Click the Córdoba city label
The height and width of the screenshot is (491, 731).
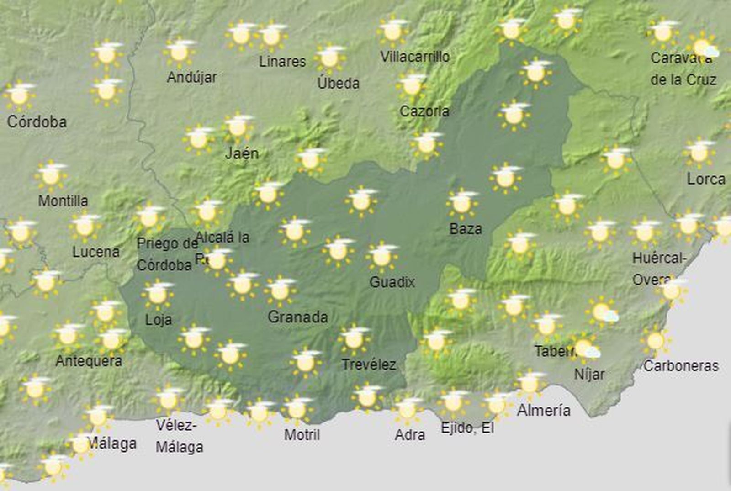37,122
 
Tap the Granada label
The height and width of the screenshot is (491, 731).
297,317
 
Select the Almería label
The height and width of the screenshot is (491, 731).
543,410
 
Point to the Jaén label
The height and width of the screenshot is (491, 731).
242,153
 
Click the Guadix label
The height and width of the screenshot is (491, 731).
392,282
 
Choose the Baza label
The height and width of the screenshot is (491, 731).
466,228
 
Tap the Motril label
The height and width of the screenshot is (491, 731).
302,434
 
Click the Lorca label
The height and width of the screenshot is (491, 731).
706,179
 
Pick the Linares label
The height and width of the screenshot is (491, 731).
282,61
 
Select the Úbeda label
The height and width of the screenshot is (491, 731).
338,83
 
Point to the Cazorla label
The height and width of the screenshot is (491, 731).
424,111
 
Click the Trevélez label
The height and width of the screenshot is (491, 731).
368,364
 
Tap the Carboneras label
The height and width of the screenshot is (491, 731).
681,366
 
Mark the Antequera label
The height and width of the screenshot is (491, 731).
89,361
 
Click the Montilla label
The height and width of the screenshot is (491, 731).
63,201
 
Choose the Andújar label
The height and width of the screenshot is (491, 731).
191,77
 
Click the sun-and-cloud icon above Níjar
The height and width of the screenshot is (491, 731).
586,348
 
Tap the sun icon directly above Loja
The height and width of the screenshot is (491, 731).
158,294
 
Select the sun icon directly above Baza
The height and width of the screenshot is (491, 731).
462,203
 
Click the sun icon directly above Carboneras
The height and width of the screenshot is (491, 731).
656,341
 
